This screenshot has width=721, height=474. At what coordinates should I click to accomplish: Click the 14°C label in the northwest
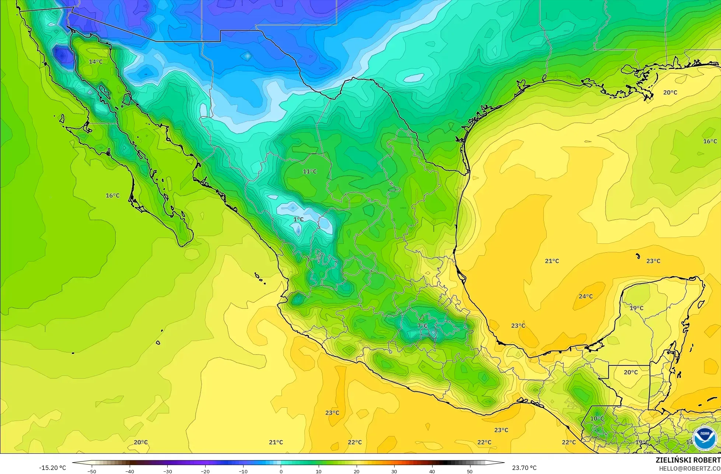tap(96, 62)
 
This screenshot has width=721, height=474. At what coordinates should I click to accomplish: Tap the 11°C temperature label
tap(310, 171)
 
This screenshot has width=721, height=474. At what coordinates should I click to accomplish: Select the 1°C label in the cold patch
tap(298, 220)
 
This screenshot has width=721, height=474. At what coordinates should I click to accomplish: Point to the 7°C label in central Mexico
tap(423, 326)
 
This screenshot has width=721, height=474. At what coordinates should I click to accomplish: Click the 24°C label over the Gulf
tap(586, 296)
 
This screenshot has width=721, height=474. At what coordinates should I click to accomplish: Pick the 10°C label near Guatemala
tap(597, 418)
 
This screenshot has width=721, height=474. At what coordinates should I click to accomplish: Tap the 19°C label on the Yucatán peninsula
tap(637, 308)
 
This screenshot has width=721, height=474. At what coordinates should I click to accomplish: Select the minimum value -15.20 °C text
tap(53, 468)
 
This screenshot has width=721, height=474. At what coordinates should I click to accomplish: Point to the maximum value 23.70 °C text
tap(524, 468)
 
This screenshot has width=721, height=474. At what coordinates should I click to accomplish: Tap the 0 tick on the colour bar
tap(281, 471)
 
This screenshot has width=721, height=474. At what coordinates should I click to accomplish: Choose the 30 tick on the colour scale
tap(394, 471)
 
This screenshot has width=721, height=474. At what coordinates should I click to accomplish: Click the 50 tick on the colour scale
tap(470, 471)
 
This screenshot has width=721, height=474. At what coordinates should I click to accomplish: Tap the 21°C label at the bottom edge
tap(276, 442)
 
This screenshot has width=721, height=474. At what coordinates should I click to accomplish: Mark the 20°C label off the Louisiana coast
tap(670, 92)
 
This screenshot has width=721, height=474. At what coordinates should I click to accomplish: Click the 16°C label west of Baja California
tap(113, 195)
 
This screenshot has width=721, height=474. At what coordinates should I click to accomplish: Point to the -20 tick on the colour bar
tap(205, 471)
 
